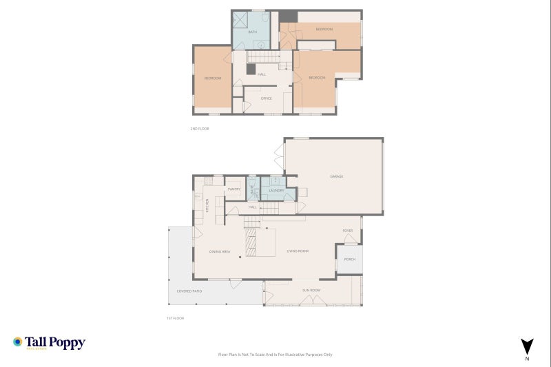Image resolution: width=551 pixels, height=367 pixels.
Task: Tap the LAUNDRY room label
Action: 277,190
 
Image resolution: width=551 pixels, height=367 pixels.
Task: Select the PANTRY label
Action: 233,188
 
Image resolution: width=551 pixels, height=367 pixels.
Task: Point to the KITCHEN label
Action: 207,205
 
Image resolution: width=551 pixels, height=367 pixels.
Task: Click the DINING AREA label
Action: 220,251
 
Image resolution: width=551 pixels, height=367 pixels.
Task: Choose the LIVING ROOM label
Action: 298,251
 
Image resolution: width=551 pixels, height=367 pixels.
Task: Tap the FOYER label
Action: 348,230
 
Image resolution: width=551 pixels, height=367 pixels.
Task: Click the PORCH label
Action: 350,260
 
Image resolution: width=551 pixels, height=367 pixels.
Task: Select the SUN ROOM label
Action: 312,291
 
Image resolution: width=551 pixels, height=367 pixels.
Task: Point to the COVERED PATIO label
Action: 189,291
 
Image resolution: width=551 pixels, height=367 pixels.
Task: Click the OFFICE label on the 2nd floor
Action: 267,98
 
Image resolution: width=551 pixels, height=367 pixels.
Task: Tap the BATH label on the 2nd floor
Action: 252,32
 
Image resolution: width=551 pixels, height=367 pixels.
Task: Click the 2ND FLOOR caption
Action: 199,129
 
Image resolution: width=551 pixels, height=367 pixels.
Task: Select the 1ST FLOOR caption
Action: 176,318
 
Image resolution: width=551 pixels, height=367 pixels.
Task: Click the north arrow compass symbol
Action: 527,346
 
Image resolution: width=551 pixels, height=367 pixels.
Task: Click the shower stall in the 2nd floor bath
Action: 240,19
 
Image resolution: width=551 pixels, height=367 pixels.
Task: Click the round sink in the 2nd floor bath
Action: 261,45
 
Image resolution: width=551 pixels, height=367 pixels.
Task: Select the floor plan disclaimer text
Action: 275,355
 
